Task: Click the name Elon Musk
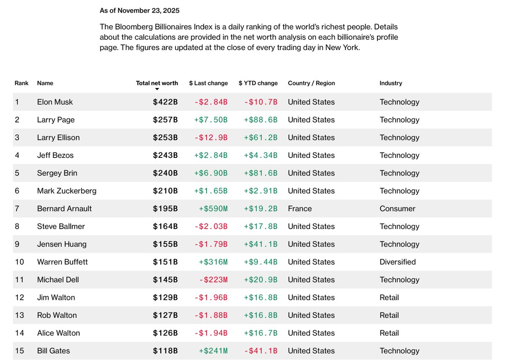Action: point(55,102)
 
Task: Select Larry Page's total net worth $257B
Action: point(165,120)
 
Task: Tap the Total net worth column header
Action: point(157,83)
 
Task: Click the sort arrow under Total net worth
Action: point(157,89)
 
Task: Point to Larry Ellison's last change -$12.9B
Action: point(211,138)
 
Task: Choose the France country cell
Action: point(300,208)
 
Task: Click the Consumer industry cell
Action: point(397,208)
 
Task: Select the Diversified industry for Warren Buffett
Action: point(397,262)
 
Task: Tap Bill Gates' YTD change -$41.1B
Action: point(260,351)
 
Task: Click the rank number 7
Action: point(17,208)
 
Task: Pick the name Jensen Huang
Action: point(61,244)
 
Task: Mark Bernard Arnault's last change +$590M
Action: point(213,208)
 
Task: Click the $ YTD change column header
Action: point(258,83)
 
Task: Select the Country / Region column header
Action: point(311,83)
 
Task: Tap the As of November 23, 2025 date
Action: point(139,10)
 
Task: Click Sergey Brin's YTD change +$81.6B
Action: point(260,173)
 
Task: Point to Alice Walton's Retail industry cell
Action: point(389,333)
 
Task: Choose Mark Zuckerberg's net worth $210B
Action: point(165,191)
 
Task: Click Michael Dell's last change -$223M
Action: point(213,280)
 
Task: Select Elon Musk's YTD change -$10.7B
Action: point(260,102)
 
